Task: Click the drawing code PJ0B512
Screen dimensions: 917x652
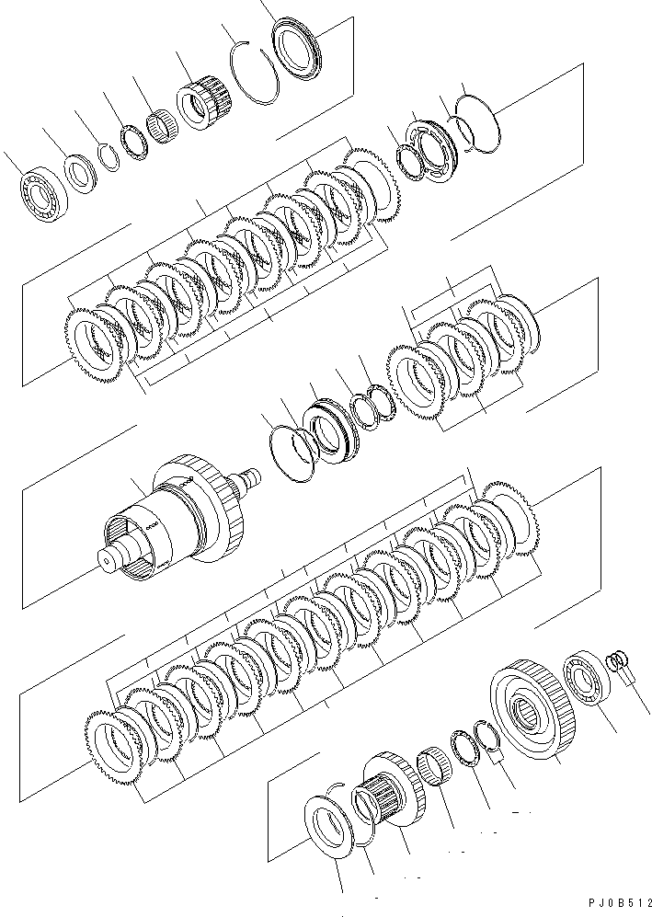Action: point(611,905)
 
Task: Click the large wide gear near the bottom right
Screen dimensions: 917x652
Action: point(532,711)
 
